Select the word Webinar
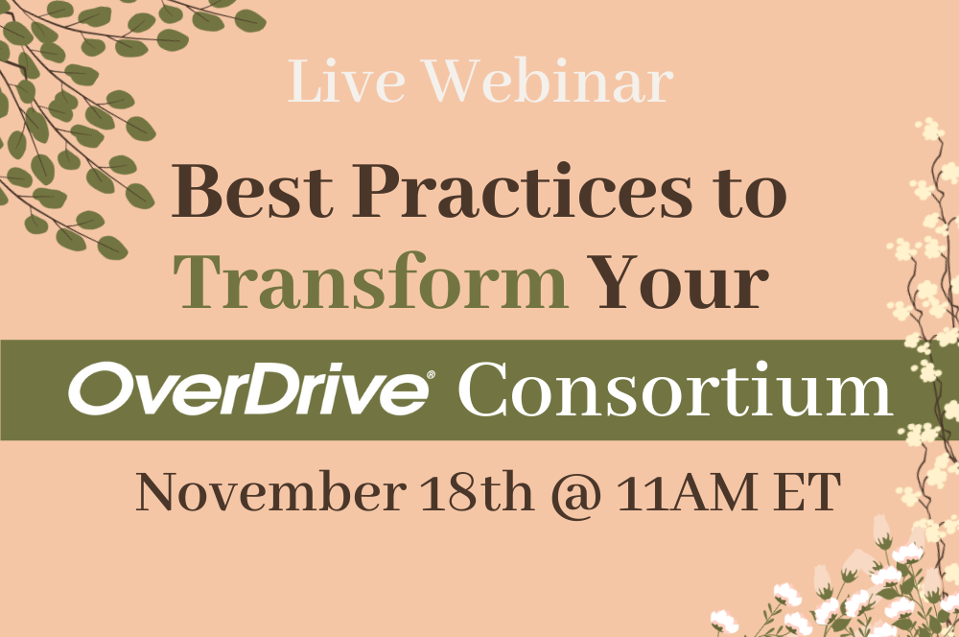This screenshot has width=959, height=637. [550, 81]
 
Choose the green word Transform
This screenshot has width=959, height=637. [370, 281]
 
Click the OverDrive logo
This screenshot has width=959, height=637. [250, 389]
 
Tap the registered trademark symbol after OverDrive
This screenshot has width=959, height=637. [431, 374]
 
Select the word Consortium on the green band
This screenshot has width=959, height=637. [675, 389]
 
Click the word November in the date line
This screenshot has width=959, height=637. [271, 492]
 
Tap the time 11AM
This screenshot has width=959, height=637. [688, 492]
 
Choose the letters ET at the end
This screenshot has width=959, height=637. [807, 492]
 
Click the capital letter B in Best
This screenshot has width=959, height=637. [195, 192]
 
